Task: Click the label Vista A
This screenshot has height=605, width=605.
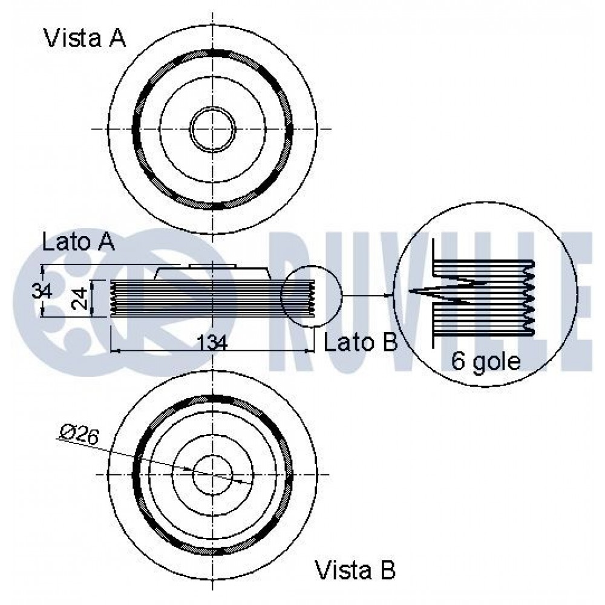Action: click(85, 38)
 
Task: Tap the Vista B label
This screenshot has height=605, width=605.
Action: click(355, 569)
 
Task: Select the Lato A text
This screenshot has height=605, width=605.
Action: click(78, 242)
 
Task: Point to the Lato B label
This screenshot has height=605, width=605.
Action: click(361, 342)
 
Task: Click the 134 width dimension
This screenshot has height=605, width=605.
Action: click(212, 342)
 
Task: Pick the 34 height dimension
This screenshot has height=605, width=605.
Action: click(42, 290)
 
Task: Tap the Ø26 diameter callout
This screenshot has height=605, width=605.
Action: click(80, 435)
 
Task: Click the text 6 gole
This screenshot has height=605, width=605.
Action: click(486, 361)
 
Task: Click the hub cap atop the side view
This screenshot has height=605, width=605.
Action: click(212, 266)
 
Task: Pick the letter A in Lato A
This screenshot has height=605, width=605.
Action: click(106, 242)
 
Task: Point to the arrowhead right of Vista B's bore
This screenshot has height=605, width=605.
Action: click(238, 481)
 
